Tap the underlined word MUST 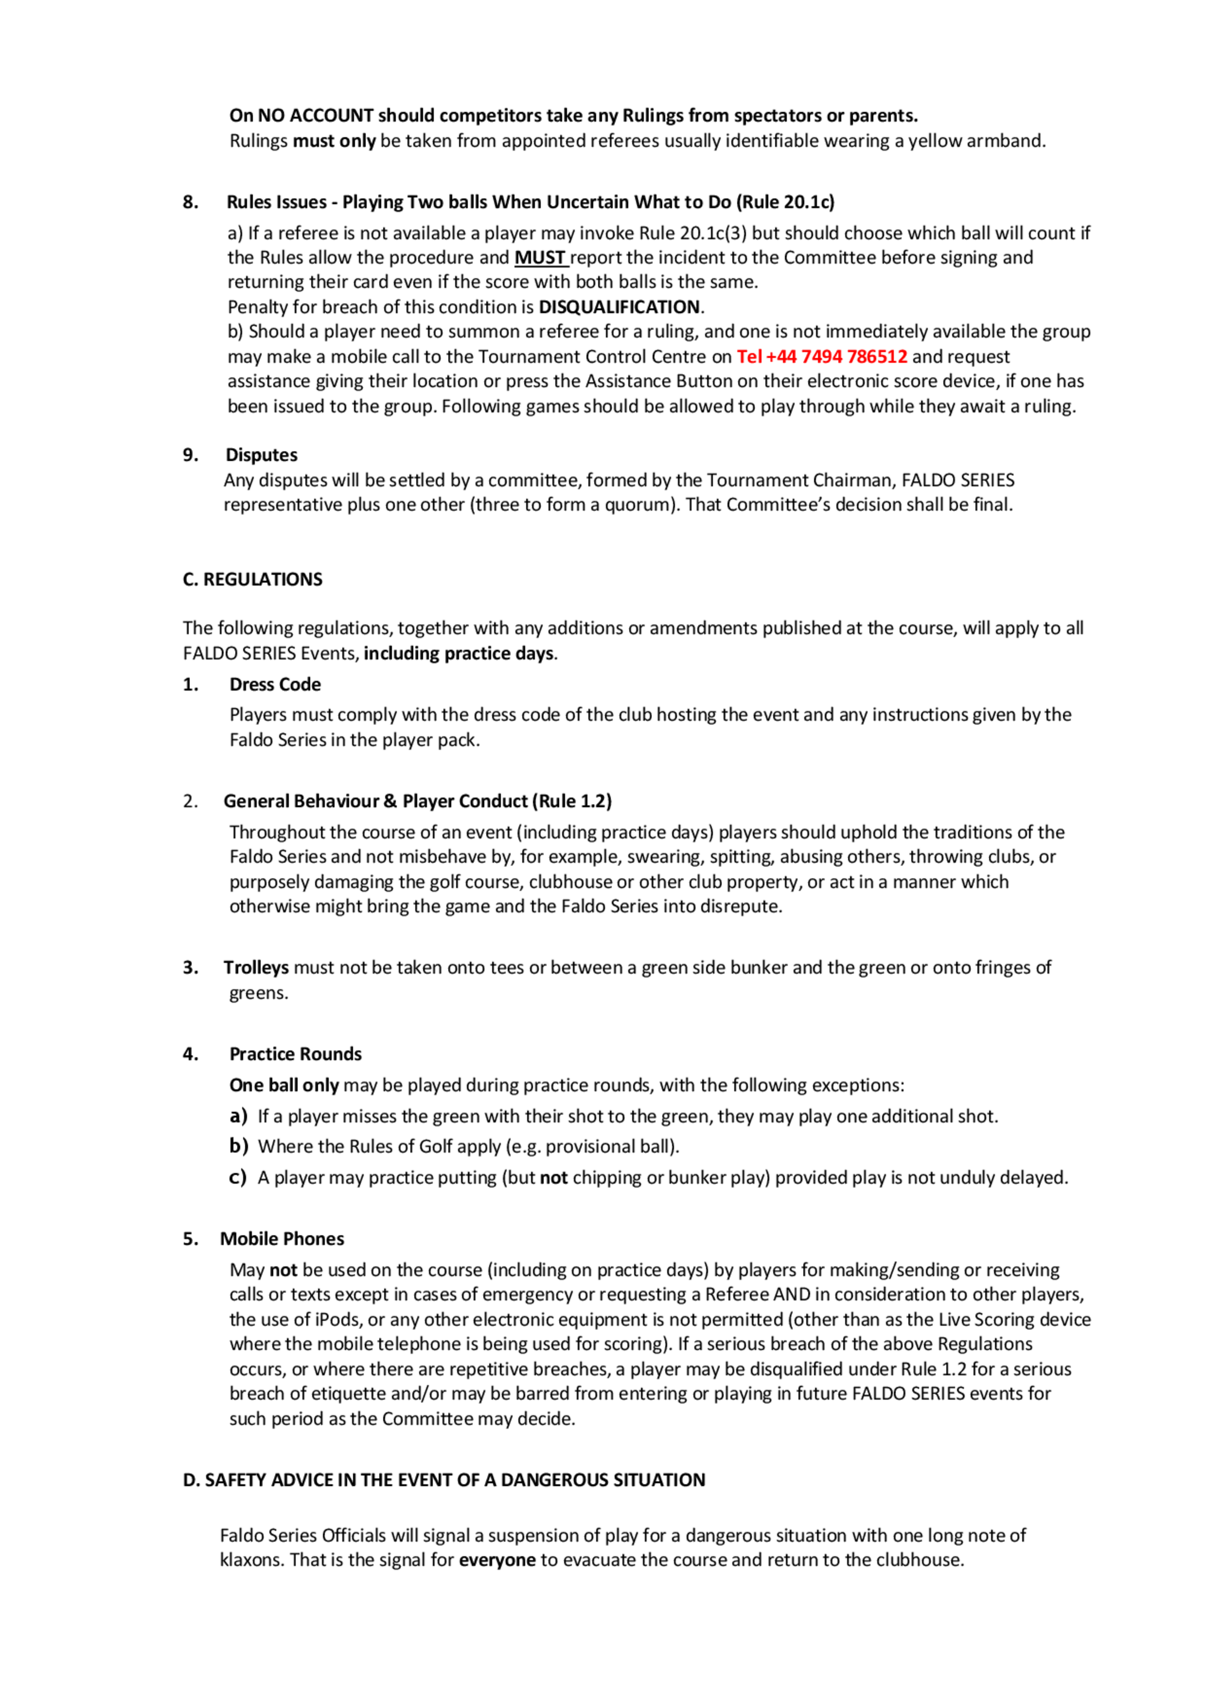pos(540,258)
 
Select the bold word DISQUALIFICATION pos(619,307)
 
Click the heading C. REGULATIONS pos(253,580)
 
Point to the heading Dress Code pos(275,684)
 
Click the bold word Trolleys pos(256,967)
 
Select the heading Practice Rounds pos(295,1054)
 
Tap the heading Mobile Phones pos(282,1239)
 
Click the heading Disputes pos(262,455)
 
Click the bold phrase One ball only pos(284,1085)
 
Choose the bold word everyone pos(497,1559)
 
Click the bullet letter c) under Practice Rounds pos(238,1178)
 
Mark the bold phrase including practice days pos(458,653)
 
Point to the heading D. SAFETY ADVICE pos(444,1480)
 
